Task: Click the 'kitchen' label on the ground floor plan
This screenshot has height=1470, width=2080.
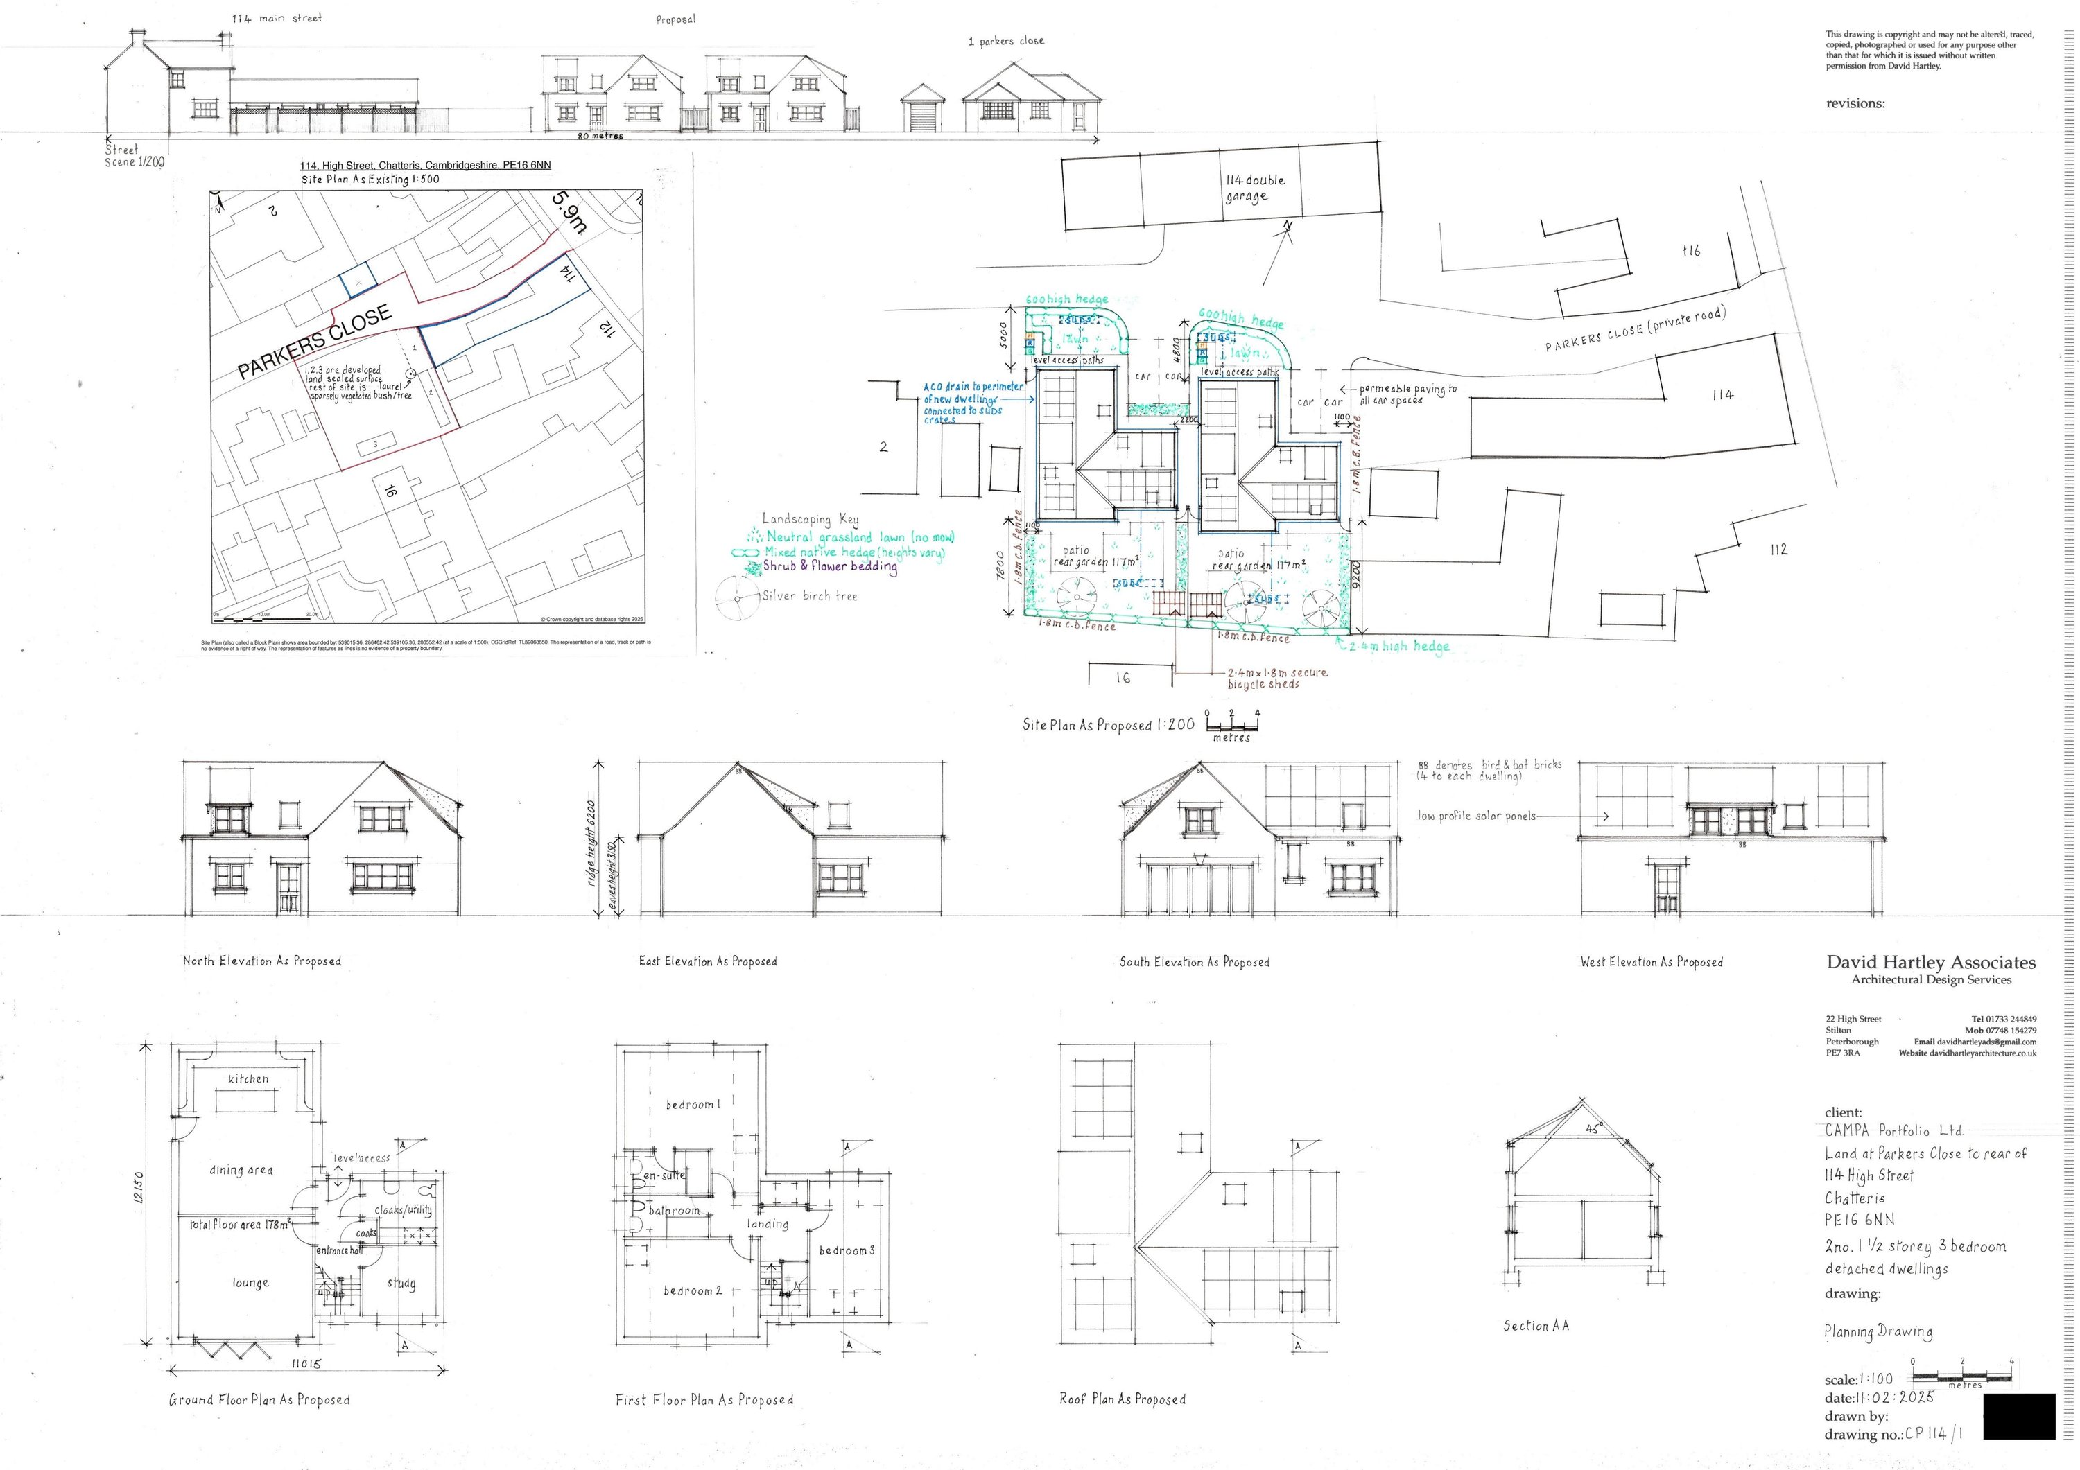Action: point(248,1078)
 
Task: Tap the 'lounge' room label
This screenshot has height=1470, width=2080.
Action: point(250,1282)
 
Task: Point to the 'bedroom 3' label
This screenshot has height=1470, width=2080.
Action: point(847,1250)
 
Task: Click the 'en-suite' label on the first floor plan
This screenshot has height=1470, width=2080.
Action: point(664,1175)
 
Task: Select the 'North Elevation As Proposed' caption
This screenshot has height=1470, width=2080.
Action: point(262,961)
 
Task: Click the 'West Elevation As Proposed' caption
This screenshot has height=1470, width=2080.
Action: point(1652,962)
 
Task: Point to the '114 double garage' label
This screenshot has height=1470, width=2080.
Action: point(1255,188)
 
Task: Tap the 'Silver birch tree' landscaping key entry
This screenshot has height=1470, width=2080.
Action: point(809,596)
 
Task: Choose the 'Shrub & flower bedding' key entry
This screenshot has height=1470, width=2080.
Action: point(829,566)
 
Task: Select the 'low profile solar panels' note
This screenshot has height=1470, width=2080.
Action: point(1477,816)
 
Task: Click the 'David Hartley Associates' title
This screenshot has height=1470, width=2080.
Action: point(1930,962)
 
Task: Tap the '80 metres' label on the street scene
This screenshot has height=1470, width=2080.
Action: point(600,136)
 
